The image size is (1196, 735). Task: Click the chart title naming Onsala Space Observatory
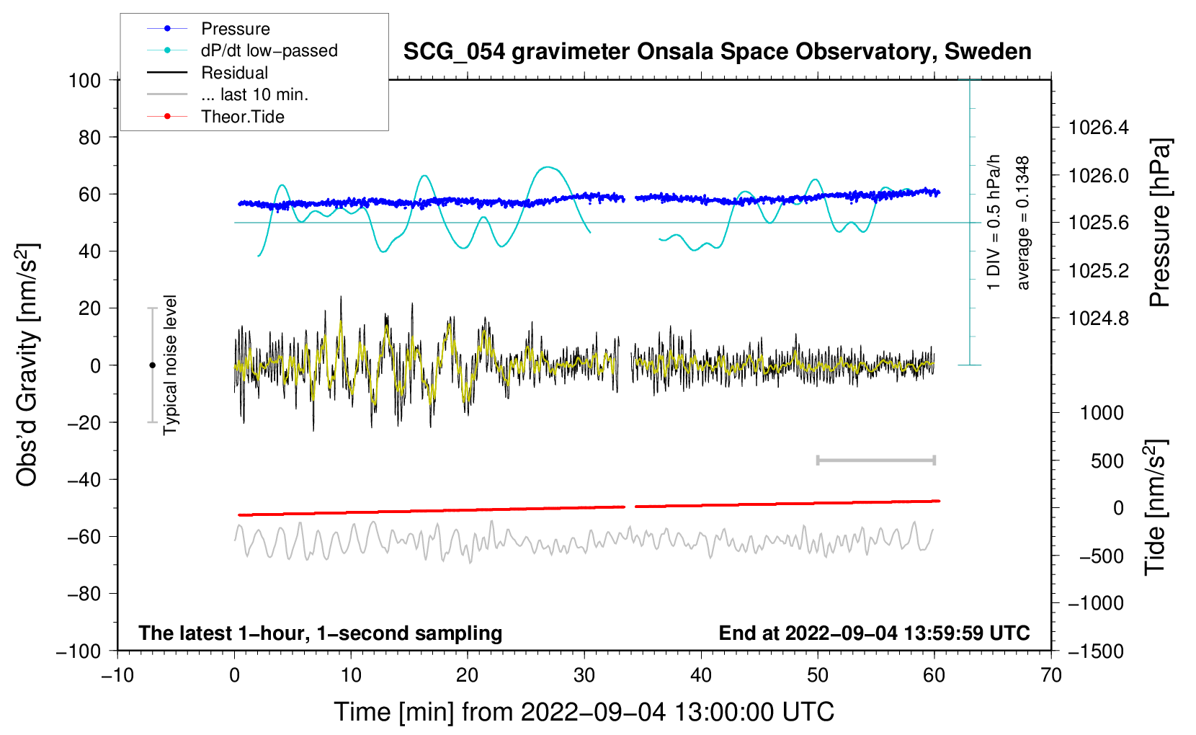click(717, 52)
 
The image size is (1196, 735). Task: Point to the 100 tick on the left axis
click(84, 80)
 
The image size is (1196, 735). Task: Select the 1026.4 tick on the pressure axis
click(1098, 128)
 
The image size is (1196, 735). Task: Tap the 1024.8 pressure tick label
click(1098, 318)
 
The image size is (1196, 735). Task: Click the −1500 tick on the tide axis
click(1094, 651)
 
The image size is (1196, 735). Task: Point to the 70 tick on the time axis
click(1051, 675)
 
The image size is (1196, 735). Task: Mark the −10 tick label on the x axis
click(117, 675)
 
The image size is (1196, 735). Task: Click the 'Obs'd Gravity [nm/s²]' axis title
click(27, 365)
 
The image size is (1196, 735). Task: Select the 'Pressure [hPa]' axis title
click(1159, 223)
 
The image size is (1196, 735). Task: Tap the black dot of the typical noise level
click(152, 365)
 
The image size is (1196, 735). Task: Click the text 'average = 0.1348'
click(1023, 223)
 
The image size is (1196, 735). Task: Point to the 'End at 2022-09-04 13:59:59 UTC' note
click(874, 633)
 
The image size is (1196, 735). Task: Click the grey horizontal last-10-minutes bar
click(875, 460)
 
